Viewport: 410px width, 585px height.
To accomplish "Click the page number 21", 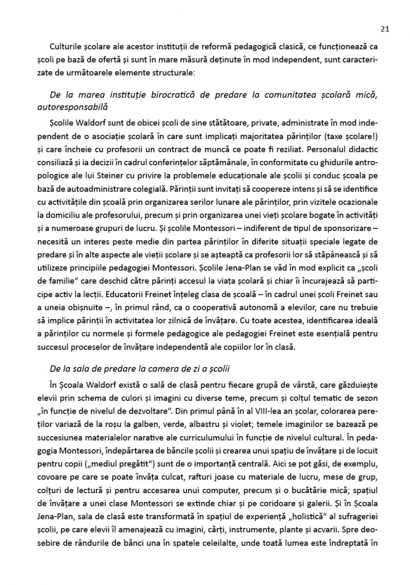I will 385,29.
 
